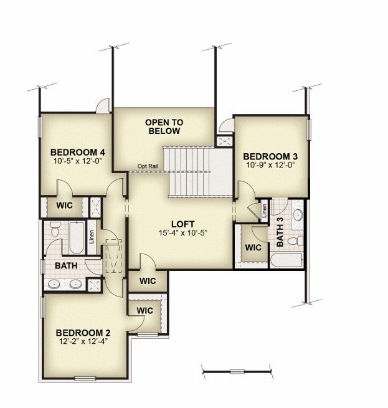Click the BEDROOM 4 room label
coord(78,152)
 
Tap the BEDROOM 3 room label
coord(270,156)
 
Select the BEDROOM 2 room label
coord(83,333)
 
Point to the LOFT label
coord(182,224)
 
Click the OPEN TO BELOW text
coord(164,126)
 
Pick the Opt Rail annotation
coord(148,166)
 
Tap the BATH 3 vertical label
coord(280,232)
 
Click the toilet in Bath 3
coord(296,241)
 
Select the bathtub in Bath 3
coord(286,260)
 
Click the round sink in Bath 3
coord(298,215)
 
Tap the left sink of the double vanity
coord(54,284)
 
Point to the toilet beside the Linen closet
coord(54,229)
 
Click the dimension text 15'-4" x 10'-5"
coord(182,232)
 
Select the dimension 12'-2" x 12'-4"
coord(83,341)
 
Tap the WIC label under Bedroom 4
coord(65,206)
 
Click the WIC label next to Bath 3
coord(253,247)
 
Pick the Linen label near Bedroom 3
coord(265,211)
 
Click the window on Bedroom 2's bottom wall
coord(85,379)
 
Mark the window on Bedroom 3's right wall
coord(309,130)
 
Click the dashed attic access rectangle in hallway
coord(113,256)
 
